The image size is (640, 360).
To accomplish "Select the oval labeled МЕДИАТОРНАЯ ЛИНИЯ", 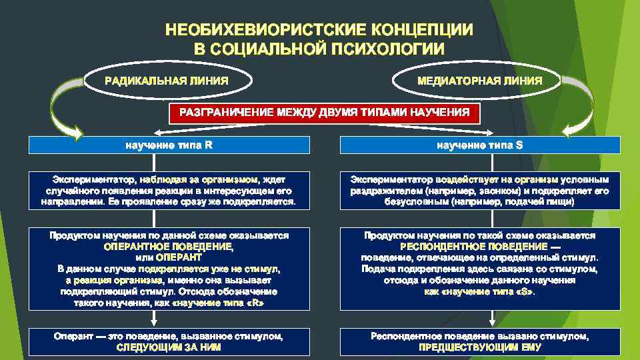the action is click(x=479, y=81).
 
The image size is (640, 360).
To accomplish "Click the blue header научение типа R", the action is click(x=169, y=145).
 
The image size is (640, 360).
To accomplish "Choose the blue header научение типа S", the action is click(x=479, y=145).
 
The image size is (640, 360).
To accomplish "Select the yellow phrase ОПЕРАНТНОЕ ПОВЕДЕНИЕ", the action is click(x=169, y=246).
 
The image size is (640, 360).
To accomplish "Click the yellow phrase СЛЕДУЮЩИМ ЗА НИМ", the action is click(x=169, y=347).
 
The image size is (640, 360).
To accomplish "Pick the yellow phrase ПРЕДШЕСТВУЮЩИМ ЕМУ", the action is click(x=479, y=347).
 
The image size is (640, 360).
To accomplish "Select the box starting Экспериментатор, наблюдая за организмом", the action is click(x=169, y=190).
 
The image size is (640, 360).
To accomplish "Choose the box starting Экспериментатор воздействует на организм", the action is click(x=479, y=190).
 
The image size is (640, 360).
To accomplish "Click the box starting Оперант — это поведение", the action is click(x=169, y=342).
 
